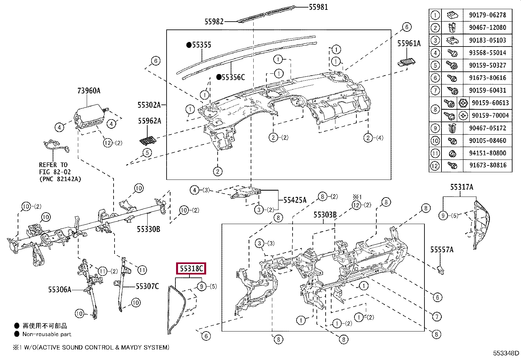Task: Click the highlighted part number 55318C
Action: point(191,269)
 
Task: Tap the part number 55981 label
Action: point(318,7)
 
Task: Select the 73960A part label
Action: point(89,90)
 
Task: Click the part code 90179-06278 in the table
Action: point(488,15)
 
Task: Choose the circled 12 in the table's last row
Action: point(435,166)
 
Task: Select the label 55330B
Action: point(148,229)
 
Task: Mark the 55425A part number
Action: point(295,200)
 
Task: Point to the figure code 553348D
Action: point(506,353)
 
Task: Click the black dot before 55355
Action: point(189,45)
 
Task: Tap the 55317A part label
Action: point(462,187)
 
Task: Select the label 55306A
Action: point(60,290)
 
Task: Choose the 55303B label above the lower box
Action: point(325,215)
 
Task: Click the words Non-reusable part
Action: point(47,334)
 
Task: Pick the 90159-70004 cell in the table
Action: point(490,116)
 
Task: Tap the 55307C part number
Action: point(147,286)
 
